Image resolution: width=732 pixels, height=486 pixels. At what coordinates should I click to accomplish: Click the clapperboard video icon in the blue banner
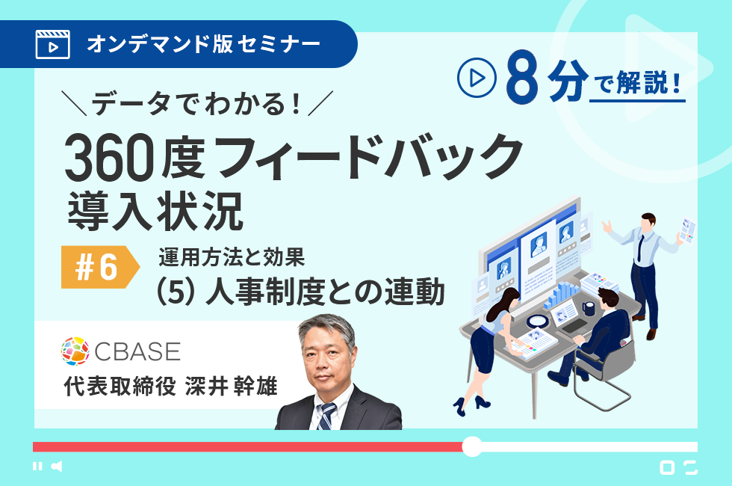53,44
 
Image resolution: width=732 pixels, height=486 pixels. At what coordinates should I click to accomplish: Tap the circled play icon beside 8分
477,78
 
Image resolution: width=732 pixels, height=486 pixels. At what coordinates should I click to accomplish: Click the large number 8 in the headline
521,78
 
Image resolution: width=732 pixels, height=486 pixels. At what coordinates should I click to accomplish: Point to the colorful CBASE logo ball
75,351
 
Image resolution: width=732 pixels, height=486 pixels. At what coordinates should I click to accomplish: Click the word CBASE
137,351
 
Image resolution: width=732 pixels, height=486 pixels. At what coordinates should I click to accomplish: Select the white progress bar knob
472,447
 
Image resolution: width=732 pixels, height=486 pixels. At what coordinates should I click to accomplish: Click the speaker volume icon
57,467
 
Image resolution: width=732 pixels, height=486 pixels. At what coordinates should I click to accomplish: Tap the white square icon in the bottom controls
667,467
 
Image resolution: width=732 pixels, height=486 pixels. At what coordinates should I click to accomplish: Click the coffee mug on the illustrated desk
589,308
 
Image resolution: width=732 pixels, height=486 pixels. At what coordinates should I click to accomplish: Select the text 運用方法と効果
232,257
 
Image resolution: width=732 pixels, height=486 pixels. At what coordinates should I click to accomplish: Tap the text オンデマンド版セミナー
203,44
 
